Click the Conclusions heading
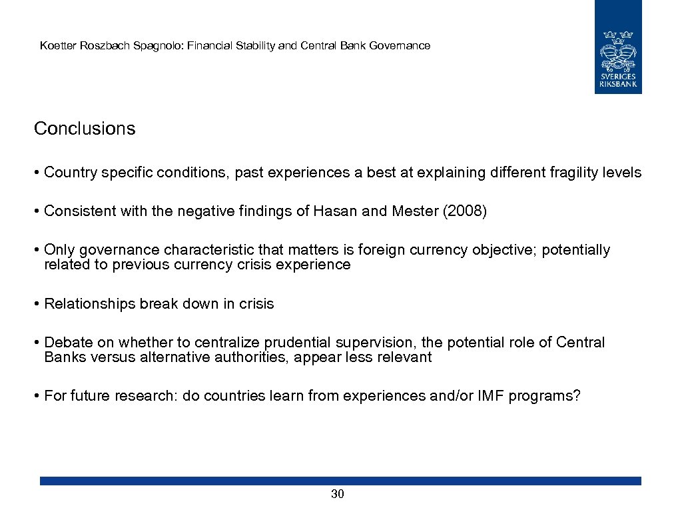pos(85,129)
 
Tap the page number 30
pos(338,494)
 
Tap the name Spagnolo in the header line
pos(159,46)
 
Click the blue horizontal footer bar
pos(340,481)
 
